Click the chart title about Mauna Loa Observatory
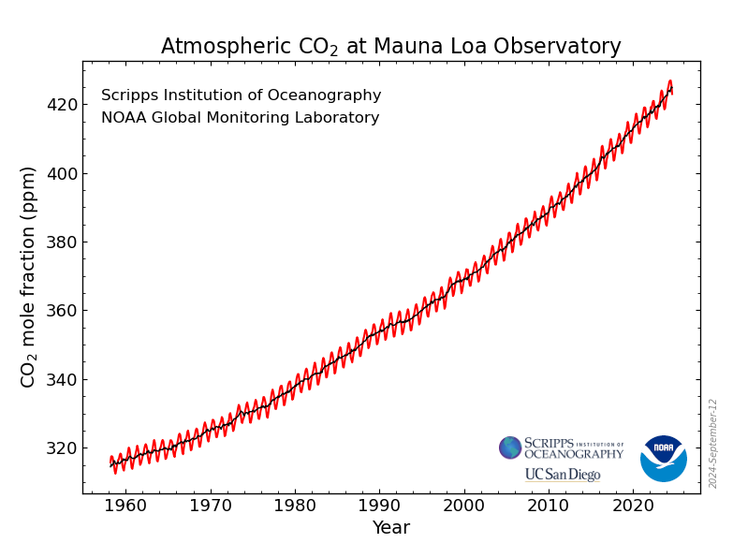[x=390, y=47]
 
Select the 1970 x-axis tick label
[x=210, y=506]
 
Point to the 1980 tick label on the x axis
[x=295, y=506]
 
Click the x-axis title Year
[x=390, y=528]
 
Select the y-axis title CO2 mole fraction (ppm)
[x=29, y=276]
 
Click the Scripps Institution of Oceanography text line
[x=241, y=95]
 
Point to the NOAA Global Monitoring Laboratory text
[x=240, y=118]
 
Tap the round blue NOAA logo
[x=664, y=458]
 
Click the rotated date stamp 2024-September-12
[x=713, y=443]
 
